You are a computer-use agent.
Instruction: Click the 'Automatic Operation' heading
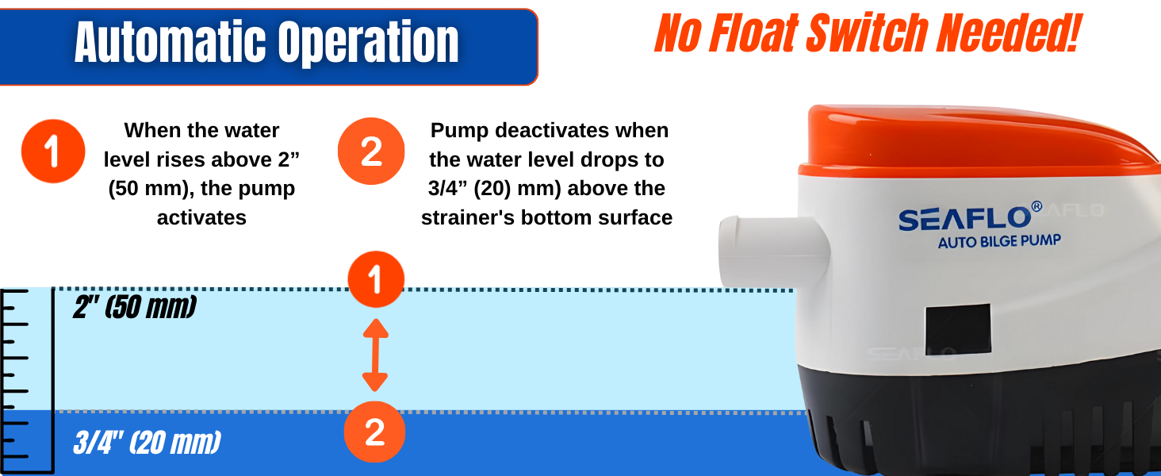(x=266, y=43)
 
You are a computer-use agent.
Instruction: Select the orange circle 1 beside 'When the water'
(x=53, y=152)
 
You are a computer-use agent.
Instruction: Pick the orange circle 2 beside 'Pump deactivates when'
(x=371, y=152)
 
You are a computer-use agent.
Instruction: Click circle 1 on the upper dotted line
(x=376, y=279)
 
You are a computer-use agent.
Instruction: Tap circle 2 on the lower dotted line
(x=375, y=432)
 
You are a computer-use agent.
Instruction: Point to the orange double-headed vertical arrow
(x=375, y=355)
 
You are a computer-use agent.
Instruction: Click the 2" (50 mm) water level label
(x=135, y=307)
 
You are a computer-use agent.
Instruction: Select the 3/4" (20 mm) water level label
(x=148, y=443)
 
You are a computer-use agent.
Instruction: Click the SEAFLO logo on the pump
(x=964, y=218)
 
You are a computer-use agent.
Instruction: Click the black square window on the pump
(x=958, y=329)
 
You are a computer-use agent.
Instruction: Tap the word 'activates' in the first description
(x=201, y=218)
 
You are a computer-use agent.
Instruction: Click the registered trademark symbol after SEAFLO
(x=1036, y=206)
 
